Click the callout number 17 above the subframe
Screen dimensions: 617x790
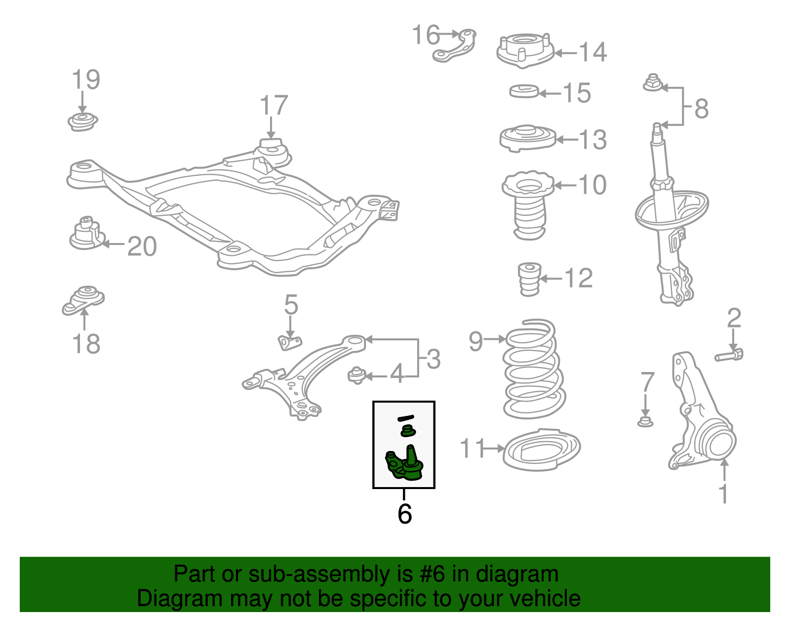pos(274,106)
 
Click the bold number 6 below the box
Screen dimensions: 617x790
pos(404,514)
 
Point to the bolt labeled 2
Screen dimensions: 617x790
pos(729,355)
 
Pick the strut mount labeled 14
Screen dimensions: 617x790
pos(525,51)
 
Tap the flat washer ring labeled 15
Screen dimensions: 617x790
pos(524,91)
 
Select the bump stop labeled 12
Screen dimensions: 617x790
pos(530,279)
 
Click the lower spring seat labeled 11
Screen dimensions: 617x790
pos(541,450)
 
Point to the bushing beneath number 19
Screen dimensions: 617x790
pos(82,122)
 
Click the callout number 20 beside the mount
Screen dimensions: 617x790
pos(142,247)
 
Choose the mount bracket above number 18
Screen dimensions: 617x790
pos(83,299)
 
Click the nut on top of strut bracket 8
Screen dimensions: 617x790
pos(653,83)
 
